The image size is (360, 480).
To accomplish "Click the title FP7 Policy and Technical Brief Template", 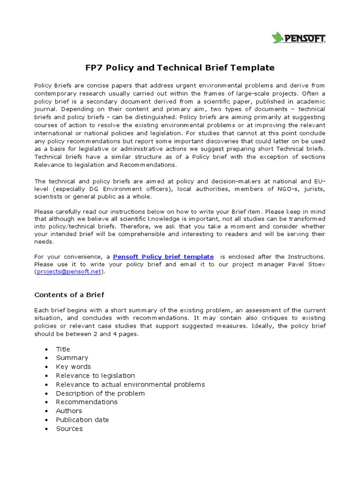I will (x=180, y=67).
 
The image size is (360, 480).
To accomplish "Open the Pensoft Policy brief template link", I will (x=163, y=256).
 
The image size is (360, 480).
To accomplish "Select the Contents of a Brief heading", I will (x=69, y=295).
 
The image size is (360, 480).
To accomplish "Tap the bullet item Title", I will (x=63, y=349).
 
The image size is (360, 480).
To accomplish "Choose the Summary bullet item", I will (x=72, y=358).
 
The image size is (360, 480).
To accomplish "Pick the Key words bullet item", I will (x=73, y=367).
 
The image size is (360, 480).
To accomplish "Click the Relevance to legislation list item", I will (x=95, y=375).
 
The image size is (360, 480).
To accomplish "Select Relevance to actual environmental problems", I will (x=130, y=384).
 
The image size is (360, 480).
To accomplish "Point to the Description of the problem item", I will (x=100, y=393).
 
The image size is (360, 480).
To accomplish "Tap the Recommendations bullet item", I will (x=87, y=402).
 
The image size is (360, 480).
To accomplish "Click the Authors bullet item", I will (x=69, y=411).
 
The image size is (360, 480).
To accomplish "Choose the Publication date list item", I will (x=82, y=420).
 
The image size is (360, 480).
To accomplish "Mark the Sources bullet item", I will (x=69, y=428).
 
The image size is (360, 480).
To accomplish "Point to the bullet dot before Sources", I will (x=46, y=429).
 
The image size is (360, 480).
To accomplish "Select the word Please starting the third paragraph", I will (x=45, y=212).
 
